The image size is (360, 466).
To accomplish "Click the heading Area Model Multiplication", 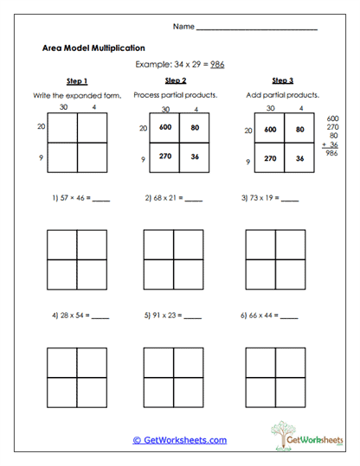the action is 93,48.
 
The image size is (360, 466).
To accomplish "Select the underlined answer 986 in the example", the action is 218,65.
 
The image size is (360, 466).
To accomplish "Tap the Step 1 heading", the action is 75,81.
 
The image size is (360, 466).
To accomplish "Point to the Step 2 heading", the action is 176,81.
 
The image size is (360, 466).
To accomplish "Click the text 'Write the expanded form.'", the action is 75,94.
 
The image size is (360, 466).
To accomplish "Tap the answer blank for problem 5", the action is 192,317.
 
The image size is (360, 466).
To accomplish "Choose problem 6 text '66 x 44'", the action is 263,316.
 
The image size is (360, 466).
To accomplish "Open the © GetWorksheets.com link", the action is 179,440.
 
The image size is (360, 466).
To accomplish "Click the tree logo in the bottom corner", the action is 286,432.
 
